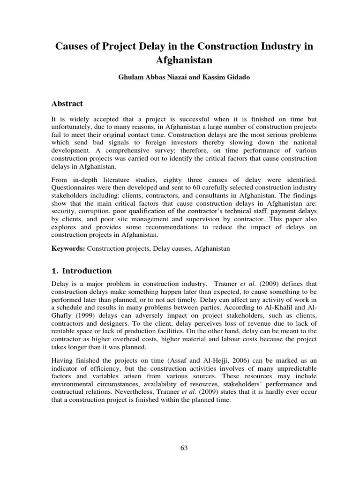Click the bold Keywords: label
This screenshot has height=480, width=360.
coord(68,248)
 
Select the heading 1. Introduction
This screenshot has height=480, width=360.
coord(82,271)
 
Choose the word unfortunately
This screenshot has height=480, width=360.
coord(71,127)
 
